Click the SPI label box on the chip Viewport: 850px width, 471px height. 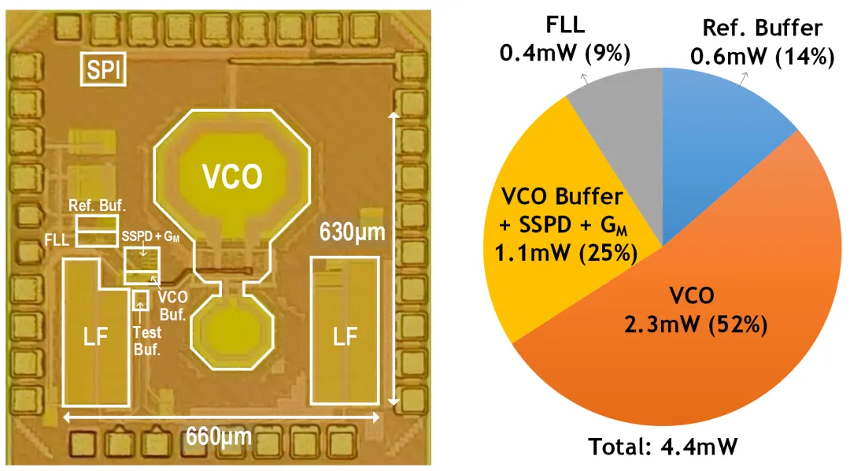(103, 69)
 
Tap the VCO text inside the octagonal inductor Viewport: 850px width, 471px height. (232, 176)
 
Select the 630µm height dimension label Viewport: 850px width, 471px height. (353, 232)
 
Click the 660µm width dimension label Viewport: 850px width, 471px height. (219, 436)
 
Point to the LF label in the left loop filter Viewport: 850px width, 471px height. (95, 338)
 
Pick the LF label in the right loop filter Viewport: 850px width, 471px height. (345, 337)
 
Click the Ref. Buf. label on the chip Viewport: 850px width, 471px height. (97, 206)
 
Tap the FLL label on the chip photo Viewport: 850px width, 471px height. (57, 239)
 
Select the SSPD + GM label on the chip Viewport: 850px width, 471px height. (150, 236)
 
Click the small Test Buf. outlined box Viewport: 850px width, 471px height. (140, 301)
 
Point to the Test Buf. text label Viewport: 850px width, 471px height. (147, 341)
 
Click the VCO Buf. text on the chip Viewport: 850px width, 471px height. (173, 306)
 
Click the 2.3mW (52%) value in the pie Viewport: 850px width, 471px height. (696, 325)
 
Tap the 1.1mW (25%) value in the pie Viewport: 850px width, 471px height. (566, 253)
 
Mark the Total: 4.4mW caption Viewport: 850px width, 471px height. (663, 447)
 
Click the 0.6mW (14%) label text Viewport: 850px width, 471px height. (762, 57)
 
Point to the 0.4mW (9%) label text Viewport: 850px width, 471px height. (565, 54)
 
